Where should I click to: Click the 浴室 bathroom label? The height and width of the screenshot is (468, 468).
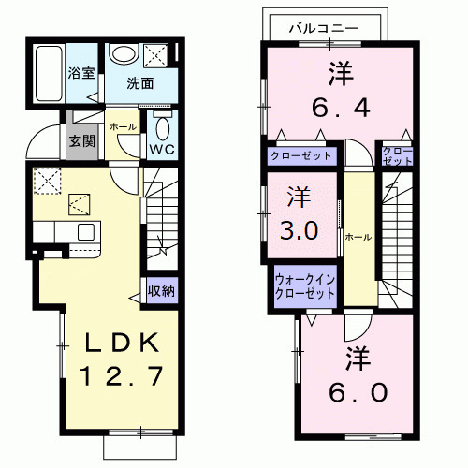(x=81, y=73)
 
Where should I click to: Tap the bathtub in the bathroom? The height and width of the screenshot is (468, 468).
(x=49, y=74)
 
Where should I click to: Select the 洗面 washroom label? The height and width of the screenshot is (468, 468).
(x=140, y=83)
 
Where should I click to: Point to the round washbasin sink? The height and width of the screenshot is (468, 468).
(x=124, y=55)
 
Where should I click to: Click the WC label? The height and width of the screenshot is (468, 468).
(x=162, y=150)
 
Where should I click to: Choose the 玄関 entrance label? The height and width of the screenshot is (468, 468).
(x=81, y=141)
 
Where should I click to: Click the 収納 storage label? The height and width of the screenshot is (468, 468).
(x=161, y=291)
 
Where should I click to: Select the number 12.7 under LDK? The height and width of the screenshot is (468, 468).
(x=122, y=375)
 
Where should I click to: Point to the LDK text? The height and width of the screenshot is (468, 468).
(x=122, y=343)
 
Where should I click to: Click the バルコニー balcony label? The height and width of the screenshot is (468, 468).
(x=323, y=29)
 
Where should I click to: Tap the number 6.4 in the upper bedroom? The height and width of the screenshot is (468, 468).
(x=341, y=107)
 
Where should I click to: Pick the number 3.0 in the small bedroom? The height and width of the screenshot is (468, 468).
(x=299, y=231)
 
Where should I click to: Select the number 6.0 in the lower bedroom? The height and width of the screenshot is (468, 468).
(x=358, y=392)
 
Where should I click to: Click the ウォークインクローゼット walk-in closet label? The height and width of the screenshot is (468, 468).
(x=305, y=287)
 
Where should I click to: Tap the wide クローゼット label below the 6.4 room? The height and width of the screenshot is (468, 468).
(x=301, y=155)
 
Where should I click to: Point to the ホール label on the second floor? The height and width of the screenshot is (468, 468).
(x=358, y=237)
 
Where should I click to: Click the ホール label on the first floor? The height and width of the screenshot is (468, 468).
(x=124, y=126)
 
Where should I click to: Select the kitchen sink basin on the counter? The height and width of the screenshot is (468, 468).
(x=86, y=232)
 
